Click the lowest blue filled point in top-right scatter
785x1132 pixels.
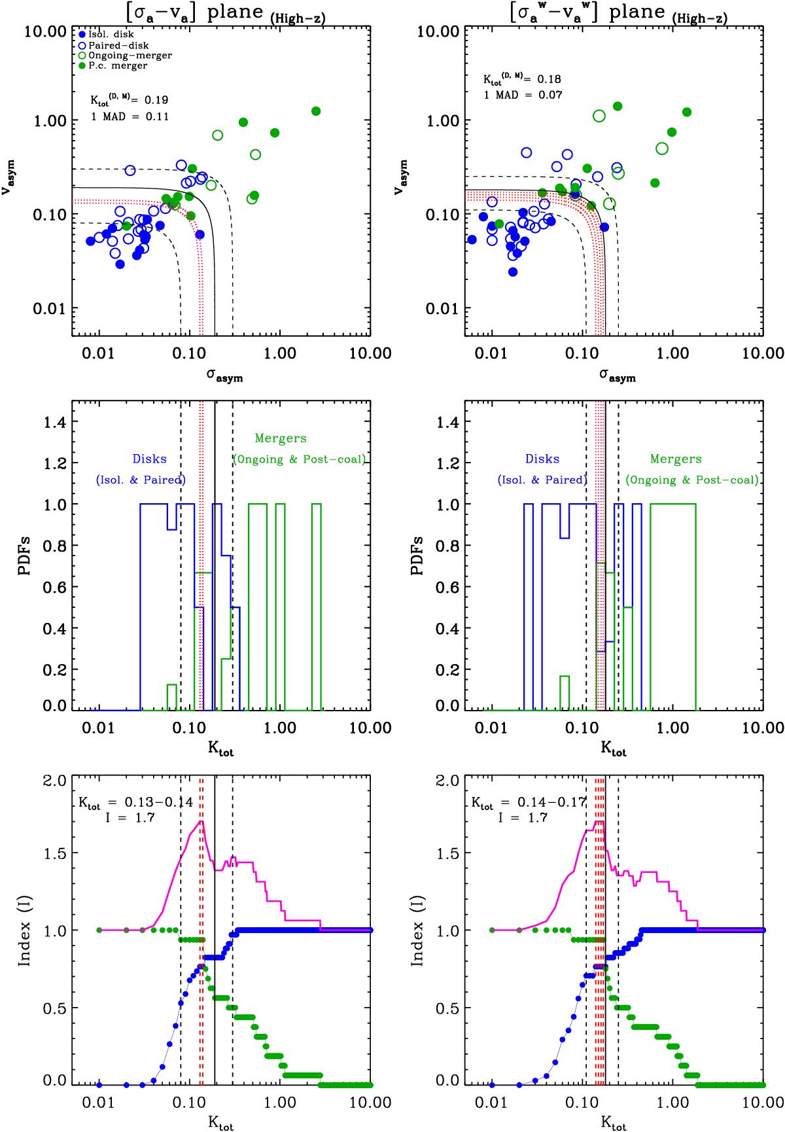click(x=513, y=272)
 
